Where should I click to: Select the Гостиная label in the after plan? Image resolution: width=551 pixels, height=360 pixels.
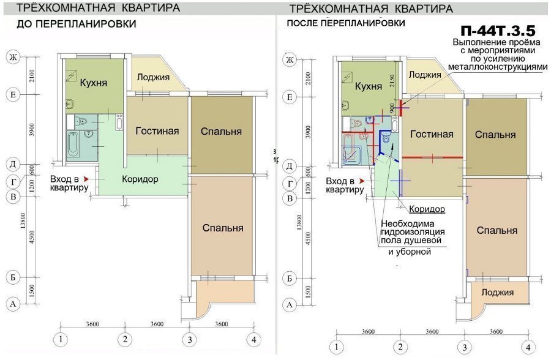coord(432,134)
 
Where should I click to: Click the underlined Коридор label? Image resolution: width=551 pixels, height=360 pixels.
coord(427,209)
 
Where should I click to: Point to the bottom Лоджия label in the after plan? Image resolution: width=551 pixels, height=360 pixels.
coord(497,292)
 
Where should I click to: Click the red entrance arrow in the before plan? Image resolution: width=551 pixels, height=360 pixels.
coord(86,178)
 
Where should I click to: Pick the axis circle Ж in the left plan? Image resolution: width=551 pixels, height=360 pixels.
coord(11,58)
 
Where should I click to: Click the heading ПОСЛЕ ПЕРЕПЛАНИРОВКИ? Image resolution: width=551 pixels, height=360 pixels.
coord(346,23)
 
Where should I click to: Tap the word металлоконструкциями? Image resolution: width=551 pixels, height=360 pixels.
coord(497,67)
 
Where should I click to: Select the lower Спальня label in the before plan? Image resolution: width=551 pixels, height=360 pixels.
coord(223,228)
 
